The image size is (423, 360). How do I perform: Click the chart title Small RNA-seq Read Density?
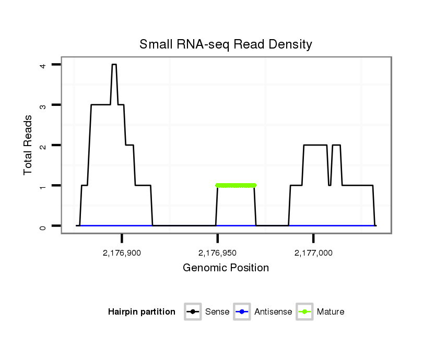(226, 45)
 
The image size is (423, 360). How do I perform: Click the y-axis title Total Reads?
(28, 145)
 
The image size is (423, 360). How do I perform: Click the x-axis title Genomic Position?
(226, 268)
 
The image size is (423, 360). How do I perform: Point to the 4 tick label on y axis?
(42, 65)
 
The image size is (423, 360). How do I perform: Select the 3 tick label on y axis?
(42, 105)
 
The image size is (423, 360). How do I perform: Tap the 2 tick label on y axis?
(42, 145)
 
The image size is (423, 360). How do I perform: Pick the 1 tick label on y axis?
(42, 186)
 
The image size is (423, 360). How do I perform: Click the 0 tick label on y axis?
(42, 226)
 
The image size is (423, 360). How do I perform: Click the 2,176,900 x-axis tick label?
(122, 254)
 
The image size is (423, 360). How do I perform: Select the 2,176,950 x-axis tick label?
(217, 254)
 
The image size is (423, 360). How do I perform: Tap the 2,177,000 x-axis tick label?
(313, 254)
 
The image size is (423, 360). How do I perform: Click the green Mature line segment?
(236, 185)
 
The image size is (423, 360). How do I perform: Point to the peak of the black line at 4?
(114, 65)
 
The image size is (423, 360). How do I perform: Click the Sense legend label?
(217, 312)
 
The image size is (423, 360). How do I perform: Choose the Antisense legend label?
(273, 312)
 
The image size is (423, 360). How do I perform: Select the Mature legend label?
(331, 312)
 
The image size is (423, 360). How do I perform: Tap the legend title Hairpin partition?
(142, 312)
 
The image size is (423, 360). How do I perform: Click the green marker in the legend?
(305, 312)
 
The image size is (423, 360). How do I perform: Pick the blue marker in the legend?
(243, 312)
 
